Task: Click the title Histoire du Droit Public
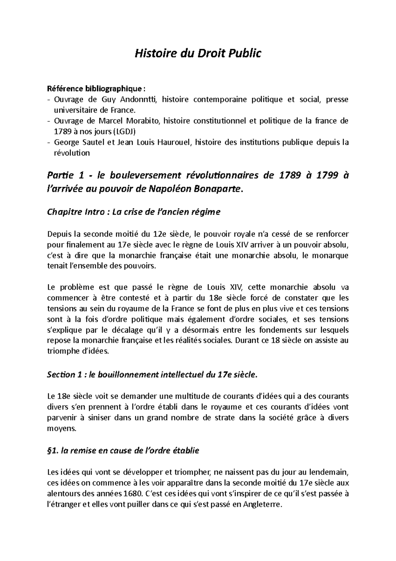point(198,53)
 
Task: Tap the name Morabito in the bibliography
point(145,121)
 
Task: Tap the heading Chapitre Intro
point(75,212)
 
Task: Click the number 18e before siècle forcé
point(216,298)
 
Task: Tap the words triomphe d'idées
point(78,351)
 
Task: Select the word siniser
point(100,417)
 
